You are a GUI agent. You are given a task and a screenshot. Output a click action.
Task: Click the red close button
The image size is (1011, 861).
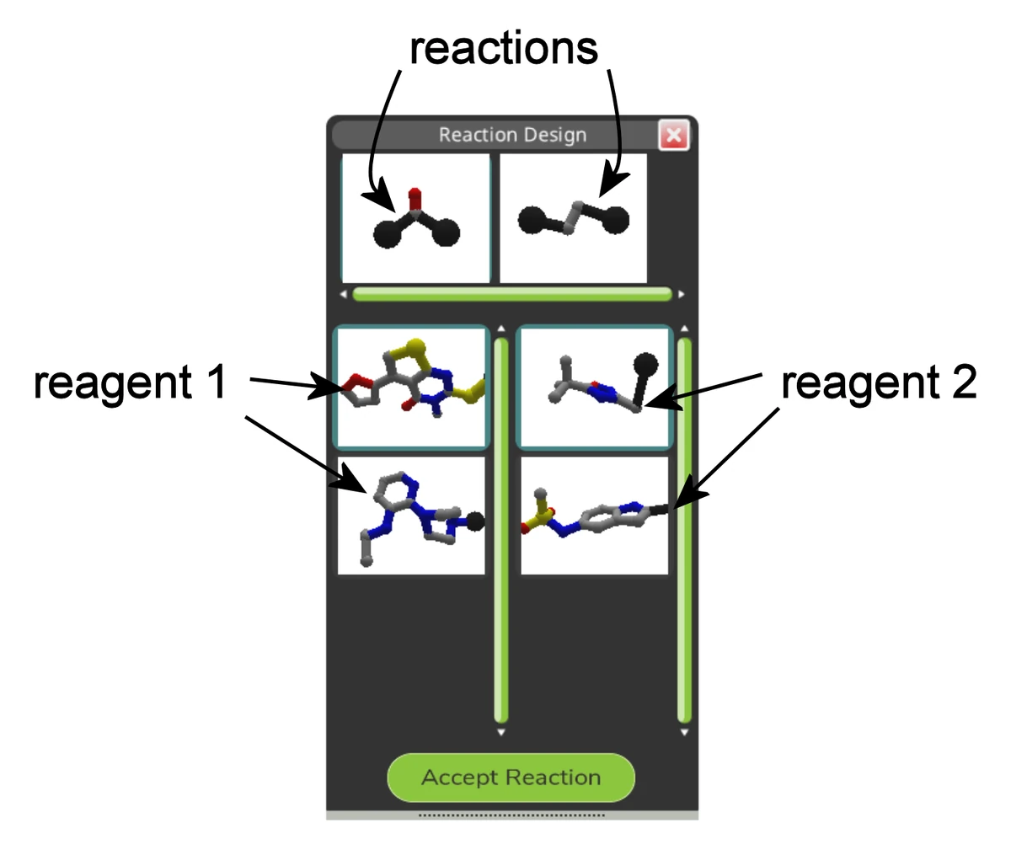pyautogui.click(x=673, y=135)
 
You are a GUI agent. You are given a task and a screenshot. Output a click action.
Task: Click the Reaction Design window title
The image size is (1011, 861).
pyautogui.click(x=512, y=135)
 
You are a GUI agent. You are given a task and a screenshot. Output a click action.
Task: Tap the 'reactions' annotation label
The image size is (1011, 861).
pyautogui.click(x=503, y=49)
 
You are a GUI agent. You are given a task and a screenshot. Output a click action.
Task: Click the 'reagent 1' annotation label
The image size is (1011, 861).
pyautogui.click(x=131, y=382)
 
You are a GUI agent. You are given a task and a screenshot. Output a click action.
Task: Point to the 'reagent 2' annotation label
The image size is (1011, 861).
pyautogui.click(x=879, y=382)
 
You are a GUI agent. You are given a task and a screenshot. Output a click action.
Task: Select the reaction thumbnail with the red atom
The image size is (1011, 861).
pyautogui.click(x=415, y=218)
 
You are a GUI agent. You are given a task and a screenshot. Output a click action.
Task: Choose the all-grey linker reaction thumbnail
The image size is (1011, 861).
pyautogui.click(x=574, y=218)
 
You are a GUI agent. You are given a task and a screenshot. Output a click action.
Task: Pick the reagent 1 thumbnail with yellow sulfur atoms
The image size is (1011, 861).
pyautogui.click(x=412, y=387)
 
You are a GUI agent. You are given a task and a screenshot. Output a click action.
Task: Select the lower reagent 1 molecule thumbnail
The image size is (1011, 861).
pyautogui.click(x=412, y=516)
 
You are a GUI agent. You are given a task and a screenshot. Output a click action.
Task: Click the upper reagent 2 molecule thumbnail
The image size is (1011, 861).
pyautogui.click(x=595, y=387)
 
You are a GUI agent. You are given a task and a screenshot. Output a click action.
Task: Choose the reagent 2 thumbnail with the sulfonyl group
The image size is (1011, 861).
pyautogui.click(x=595, y=516)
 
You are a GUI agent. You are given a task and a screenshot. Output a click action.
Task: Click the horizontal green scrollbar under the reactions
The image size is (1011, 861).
pyautogui.click(x=511, y=294)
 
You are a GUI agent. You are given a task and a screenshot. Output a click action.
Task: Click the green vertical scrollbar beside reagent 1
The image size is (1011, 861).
pyautogui.click(x=500, y=530)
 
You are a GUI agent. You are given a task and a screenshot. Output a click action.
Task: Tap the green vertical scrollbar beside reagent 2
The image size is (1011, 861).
pyautogui.click(x=684, y=530)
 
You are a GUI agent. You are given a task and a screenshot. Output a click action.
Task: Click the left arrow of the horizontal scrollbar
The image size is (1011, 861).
pyautogui.click(x=344, y=294)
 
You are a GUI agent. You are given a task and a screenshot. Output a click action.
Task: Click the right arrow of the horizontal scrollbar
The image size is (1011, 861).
pyautogui.click(x=681, y=294)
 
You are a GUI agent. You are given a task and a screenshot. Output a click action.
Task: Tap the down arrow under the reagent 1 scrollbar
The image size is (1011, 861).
pyautogui.click(x=500, y=732)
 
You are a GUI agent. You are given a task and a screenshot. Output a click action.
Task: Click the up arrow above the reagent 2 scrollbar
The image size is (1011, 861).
pyautogui.click(x=684, y=328)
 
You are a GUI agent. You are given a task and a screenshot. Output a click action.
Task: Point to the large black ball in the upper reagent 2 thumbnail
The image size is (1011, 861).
pyautogui.click(x=645, y=363)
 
